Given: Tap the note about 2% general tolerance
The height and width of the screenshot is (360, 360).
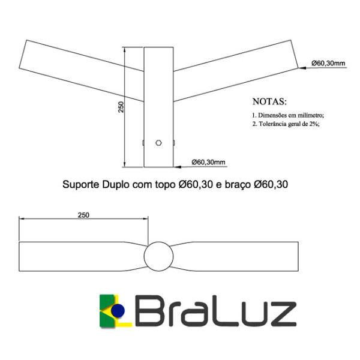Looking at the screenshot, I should click(x=286, y=124).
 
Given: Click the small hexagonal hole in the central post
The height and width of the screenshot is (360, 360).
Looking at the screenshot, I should click(x=158, y=143).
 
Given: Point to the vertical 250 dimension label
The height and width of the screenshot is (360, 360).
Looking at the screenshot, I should click(x=121, y=107).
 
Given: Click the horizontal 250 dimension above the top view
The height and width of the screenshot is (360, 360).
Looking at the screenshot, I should click(x=85, y=215).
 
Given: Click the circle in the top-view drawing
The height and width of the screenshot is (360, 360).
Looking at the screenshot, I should click(x=158, y=256).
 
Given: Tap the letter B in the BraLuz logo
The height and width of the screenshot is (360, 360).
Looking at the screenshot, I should click(x=151, y=312).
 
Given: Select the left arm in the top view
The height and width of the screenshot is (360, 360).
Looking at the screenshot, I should click(x=82, y=256).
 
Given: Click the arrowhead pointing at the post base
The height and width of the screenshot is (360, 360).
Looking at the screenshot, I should click(x=175, y=166).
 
